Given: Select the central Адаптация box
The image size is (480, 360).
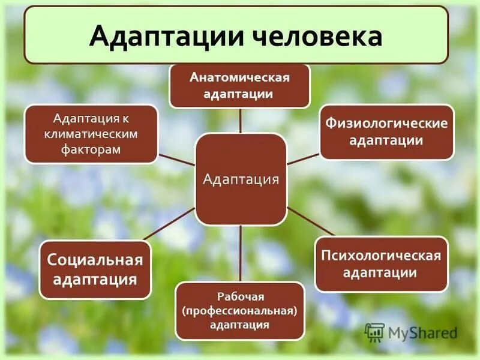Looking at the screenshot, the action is pyautogui.click(x=241, y=179).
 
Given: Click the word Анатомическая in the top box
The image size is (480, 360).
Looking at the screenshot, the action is pyautogui.click(x=240, y=78).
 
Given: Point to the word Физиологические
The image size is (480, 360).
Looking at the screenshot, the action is pyautogui.click(x=386, y=124).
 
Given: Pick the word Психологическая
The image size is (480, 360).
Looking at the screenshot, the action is pyautogui.click(x=382, y=256).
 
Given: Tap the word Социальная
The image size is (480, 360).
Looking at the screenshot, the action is pyautogui.click(x=95, y=261).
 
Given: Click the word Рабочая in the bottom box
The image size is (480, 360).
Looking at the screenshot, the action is pyautogui.click(x=240, y=297).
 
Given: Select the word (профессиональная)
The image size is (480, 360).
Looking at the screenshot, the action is pyautogui.click(x=240, y=311).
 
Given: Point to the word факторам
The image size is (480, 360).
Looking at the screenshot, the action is pyautogui.click(x=91, y=148).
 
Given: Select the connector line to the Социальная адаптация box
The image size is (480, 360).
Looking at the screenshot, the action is pyautogui.click(x=172, y=225).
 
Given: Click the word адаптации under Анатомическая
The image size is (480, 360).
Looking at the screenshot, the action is pyautogui.click(x=240, y=94).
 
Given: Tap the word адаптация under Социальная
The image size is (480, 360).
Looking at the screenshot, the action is pyautogui.click(x=95, y=279).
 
